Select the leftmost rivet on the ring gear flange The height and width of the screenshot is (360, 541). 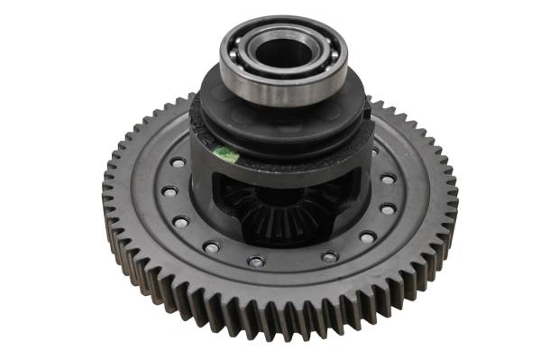169,191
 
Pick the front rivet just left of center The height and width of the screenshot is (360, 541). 256,262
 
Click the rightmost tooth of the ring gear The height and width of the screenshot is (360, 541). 454,193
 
